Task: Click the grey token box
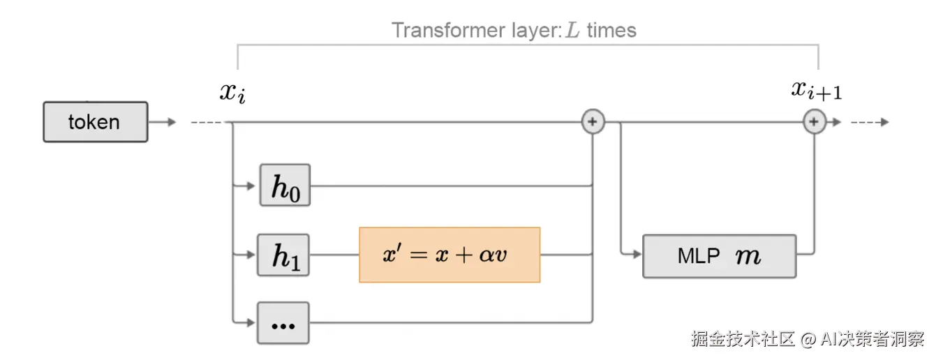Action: click(x=95, y=122)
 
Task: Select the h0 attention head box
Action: click(x=285, y=185)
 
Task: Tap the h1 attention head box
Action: click(x=283, y=255)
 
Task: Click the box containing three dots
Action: click(x=283, y=323)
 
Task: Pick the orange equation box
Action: click(x=450, y=255)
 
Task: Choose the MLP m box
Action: click(x=720, y=256)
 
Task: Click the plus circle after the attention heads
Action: click(x=593, y=121)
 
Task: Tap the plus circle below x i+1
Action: click(x=815, y=121)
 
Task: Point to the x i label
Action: click(x=232, y=93)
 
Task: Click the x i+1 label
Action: click(x=817, y=91)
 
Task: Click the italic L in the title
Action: click(x=572, y=30)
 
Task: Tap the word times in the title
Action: click(x=611, y=31)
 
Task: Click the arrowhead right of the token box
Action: click(x=172, y=122)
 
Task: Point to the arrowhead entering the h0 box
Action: click(x=251, y=186)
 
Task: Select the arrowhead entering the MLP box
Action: click(x=637, y=254)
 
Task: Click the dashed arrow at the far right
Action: click(x=870, y=122)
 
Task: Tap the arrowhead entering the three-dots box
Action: click(x=251, y=322)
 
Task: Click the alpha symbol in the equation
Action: click(x=486, y=255)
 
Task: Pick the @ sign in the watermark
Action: click(x=808, y=339)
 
